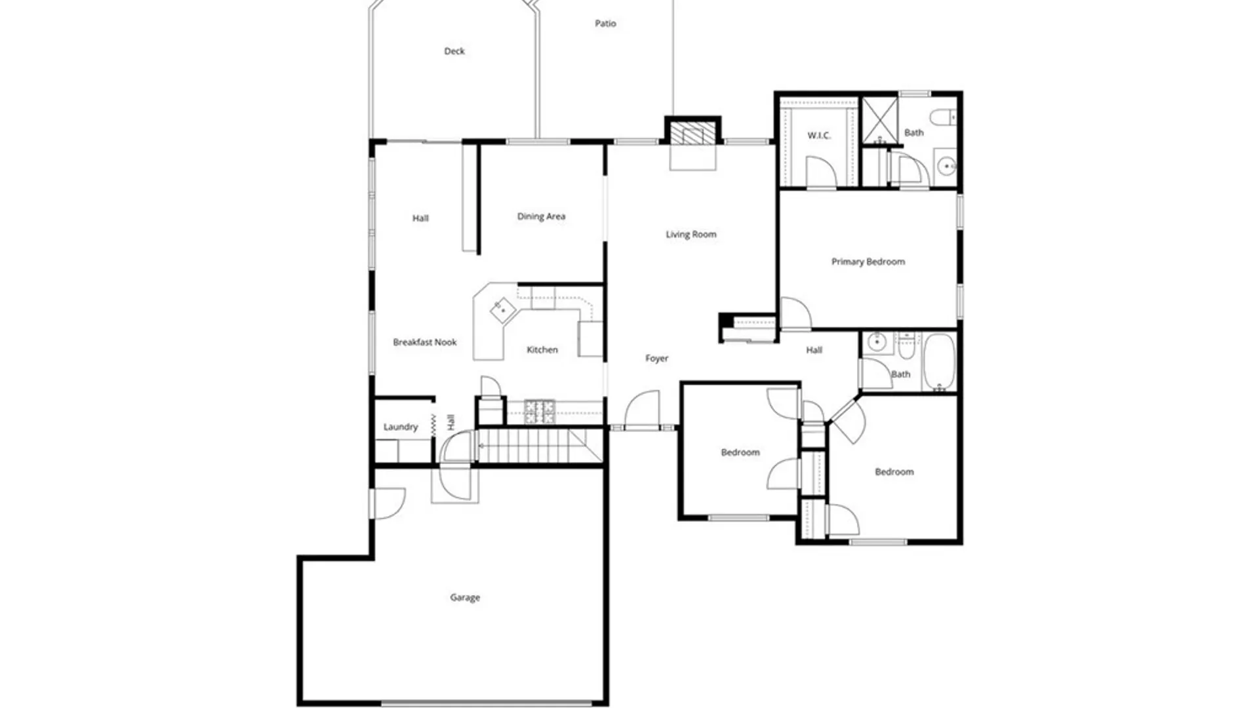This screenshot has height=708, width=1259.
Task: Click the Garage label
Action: (x=465, y=597)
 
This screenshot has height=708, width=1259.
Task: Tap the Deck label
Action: (x=454, y=51)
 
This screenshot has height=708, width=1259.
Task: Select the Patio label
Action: (x=605, y=24)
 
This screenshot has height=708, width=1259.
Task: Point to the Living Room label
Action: (x=691, y=234)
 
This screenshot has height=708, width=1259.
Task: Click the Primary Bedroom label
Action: (x=868, y=262)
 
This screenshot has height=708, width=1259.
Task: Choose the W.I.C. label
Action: (x=819, y=136)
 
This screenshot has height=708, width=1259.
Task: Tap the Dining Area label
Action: (x=541, y=216)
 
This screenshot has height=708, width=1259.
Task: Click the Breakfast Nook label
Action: (x=425, y=342)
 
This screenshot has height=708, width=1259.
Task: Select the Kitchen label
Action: (x=542, y=350)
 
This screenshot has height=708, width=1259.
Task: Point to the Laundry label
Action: (x=401, y=427)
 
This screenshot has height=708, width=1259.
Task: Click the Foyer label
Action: (x=656, y=358)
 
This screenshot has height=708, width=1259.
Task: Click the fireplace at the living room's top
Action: (x=692, y=133)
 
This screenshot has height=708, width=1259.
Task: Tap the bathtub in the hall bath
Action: (x=940, y=362)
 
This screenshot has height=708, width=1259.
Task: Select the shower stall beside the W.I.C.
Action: (x=879, y=120)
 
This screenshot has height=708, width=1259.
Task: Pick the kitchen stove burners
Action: (x=539, y=411)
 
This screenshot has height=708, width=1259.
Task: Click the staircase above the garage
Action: (x=538, y=446)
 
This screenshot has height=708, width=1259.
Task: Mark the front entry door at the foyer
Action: (x=643, y=410)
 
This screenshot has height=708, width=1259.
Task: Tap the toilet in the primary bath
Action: (x=944, y=117)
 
